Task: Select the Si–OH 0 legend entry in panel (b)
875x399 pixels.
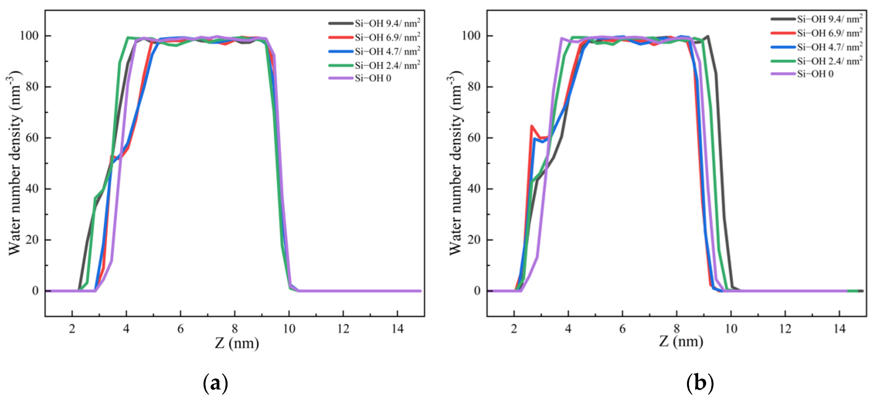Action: click(x=815, y=74)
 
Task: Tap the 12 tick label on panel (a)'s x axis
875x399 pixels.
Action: click(x=343, y=329)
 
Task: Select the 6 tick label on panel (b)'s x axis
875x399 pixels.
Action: click(x=622, y=329)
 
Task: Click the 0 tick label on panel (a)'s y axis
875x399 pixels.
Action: click(x=35, y=291)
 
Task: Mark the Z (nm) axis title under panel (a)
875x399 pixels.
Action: click(x=237, y=343)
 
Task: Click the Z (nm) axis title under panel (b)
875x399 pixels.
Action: click(x=681, y=341)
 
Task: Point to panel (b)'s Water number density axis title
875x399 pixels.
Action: click(x=455, y=163)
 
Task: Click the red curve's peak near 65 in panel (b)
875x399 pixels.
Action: click(x=531, y=126)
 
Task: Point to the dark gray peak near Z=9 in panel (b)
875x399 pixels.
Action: click(x=707, y=36)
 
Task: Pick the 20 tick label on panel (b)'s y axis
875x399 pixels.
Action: click(x=474, y=240)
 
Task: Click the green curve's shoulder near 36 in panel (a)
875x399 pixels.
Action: click(x=95, y=198)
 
